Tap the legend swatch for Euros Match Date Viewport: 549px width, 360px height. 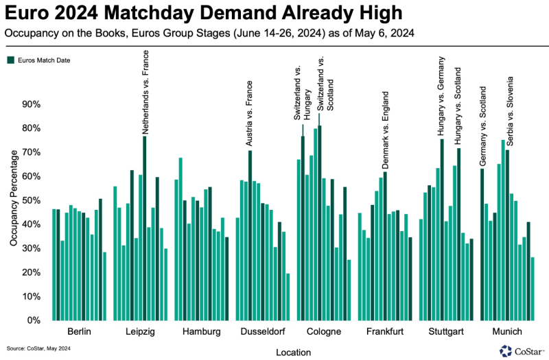11,60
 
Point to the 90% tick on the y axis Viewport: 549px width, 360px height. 32,104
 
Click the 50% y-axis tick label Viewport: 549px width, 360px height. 32,200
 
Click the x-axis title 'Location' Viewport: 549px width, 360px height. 295,352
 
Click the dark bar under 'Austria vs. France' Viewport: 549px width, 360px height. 250,235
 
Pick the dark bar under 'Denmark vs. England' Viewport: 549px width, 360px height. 385,246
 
